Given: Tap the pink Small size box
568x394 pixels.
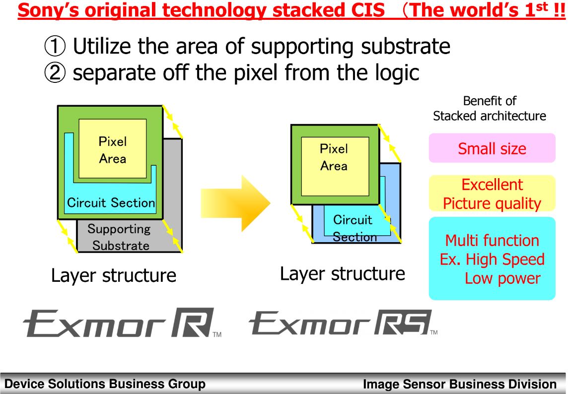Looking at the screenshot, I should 492,148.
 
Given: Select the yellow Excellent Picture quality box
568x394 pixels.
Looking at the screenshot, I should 492,194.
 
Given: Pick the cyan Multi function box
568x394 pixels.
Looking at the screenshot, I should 492,259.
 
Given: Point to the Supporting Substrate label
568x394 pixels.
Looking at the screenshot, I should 120,237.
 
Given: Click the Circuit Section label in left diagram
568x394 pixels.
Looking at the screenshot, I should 111,202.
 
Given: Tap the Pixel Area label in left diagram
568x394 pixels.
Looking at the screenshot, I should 113,150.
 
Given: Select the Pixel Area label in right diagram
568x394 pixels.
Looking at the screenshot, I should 334,157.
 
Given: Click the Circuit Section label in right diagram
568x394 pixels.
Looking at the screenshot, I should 354,228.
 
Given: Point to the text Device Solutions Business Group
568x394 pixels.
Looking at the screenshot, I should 104,384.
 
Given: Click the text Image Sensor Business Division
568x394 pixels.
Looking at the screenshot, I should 460,384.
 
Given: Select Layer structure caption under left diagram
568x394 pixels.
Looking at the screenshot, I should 114,275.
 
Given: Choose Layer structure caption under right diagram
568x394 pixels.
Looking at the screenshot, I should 343,273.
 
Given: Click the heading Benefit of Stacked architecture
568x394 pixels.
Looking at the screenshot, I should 490,109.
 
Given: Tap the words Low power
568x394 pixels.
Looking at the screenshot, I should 502,278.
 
